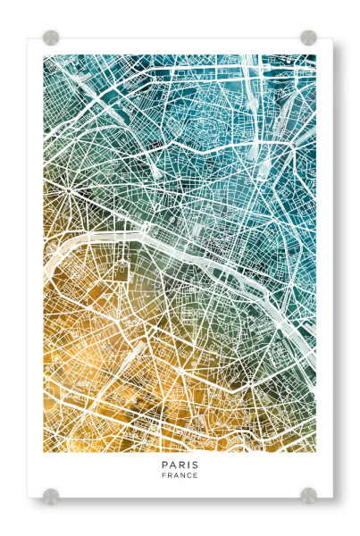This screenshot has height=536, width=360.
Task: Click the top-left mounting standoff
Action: click(51, 38)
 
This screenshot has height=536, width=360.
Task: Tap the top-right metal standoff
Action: click(308, 38)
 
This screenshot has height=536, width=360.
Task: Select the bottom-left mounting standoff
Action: click(51, 495)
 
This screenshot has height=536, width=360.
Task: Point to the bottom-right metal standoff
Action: click(308, 495)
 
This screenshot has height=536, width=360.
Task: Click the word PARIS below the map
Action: click(180, 465)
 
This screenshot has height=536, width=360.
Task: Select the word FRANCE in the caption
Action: click(180, 476)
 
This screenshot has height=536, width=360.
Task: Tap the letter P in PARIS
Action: click(164, 465)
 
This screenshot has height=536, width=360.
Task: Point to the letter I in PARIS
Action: click(188, 465)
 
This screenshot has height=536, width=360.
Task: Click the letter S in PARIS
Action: click(196, 465)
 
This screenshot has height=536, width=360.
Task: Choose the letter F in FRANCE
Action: click(163, 476)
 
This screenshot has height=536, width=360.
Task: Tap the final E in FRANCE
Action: click(196, 476)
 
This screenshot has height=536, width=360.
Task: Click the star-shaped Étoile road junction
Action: click(68, 190)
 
